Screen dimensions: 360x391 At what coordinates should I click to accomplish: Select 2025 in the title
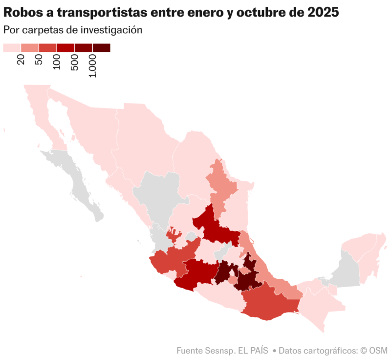[x=323, y=12]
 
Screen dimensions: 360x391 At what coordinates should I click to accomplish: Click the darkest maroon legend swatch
[x=102, y=47]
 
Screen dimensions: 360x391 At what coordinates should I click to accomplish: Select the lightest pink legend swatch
[x=12, y=47]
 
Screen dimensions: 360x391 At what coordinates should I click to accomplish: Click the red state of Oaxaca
[x=266, y=301]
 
